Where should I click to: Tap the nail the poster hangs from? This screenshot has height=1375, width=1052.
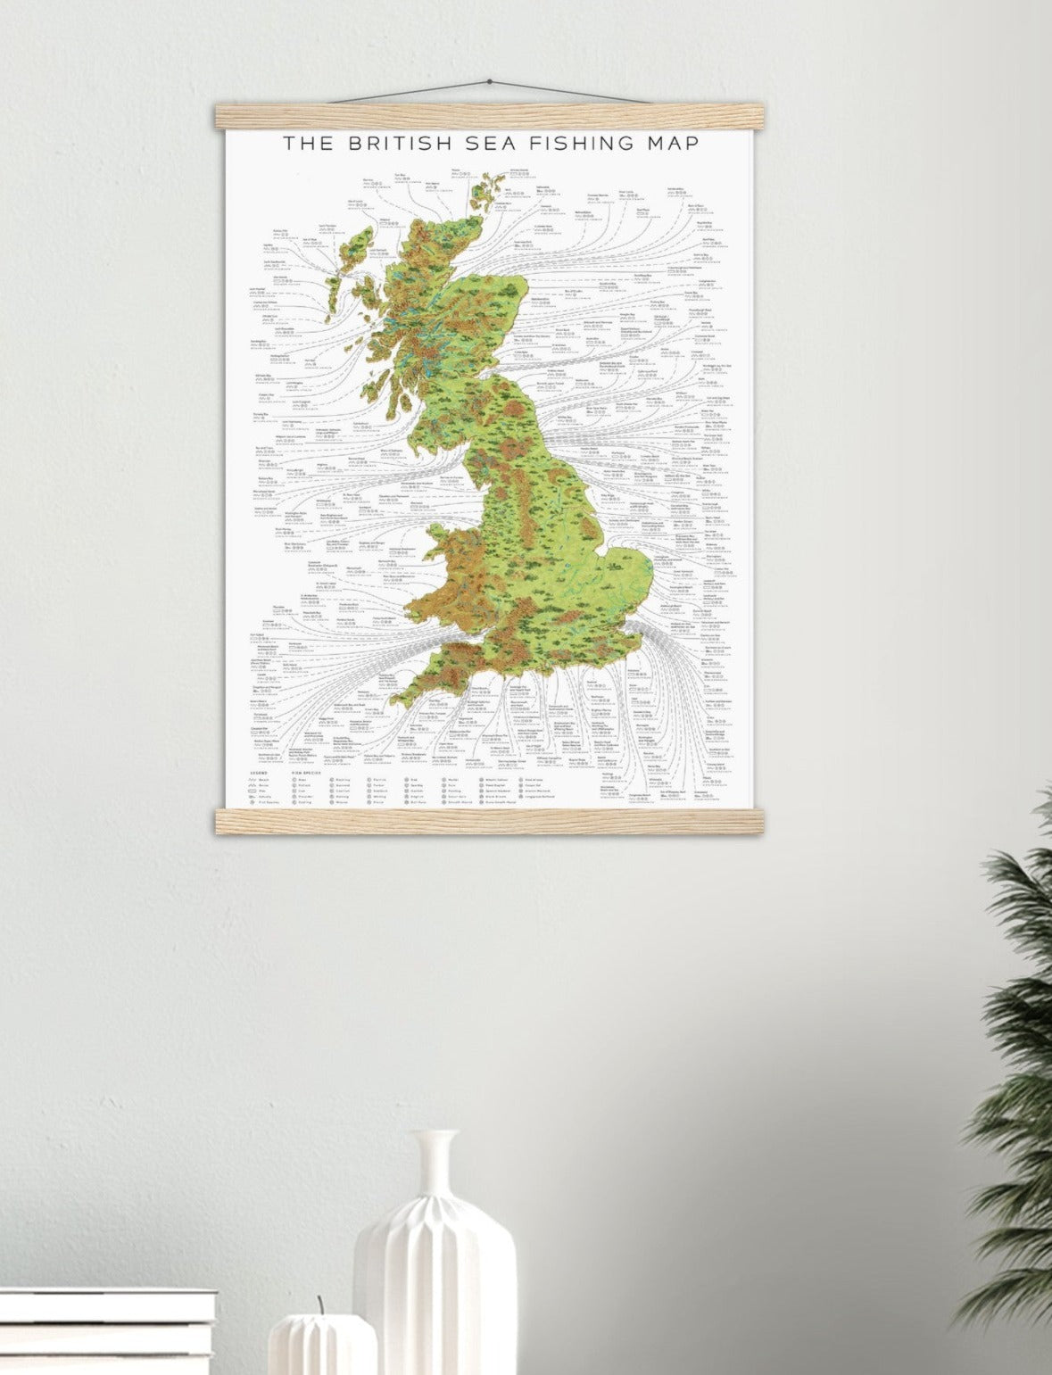[x=489, y=84]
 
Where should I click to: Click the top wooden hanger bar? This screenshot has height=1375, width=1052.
[x=489, y=116]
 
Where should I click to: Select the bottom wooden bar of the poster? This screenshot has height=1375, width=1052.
[x=489, y=821]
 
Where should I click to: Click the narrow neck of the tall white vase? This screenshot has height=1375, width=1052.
[x=439, y=1160]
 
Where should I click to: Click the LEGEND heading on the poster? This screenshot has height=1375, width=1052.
[x=259, y=772]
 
